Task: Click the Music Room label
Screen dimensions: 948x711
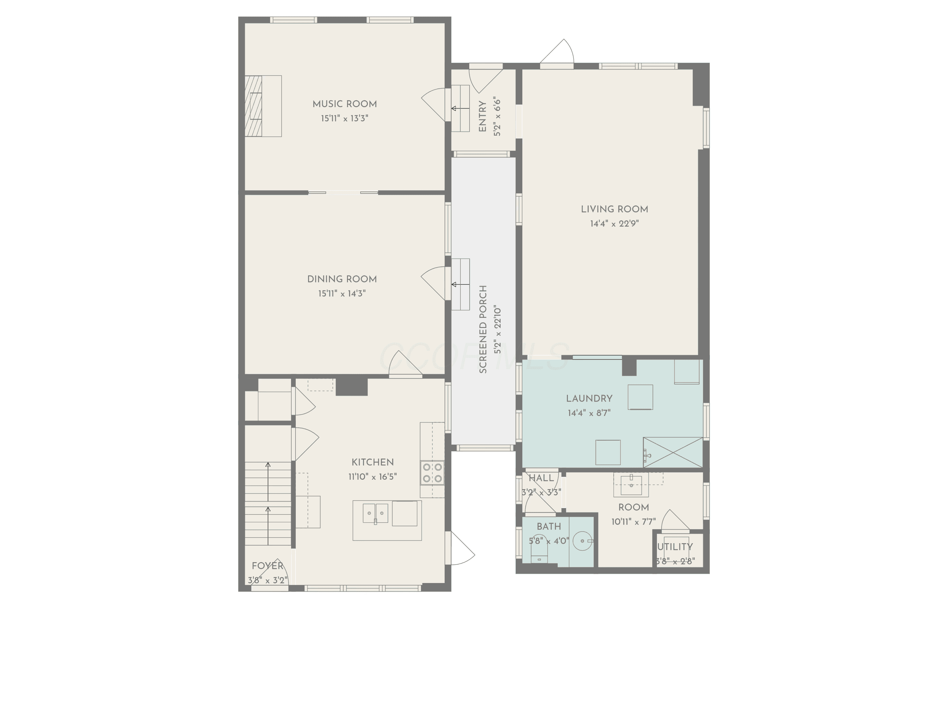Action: [344, 104]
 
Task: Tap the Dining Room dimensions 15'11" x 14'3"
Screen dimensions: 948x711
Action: [342, 294]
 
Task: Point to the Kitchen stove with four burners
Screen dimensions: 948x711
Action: [432, 473]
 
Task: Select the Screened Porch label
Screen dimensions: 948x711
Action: [483, 329]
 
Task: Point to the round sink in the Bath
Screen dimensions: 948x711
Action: [582, 541]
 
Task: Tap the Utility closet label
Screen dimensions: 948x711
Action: [675, 547]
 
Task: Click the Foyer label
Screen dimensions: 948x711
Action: [267, 566]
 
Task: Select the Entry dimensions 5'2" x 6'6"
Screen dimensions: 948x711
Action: [497, 117]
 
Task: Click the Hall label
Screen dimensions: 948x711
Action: [541, 478]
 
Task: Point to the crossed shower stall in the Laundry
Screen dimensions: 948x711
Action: [673, 452]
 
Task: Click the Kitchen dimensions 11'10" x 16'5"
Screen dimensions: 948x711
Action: [373, 477]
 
